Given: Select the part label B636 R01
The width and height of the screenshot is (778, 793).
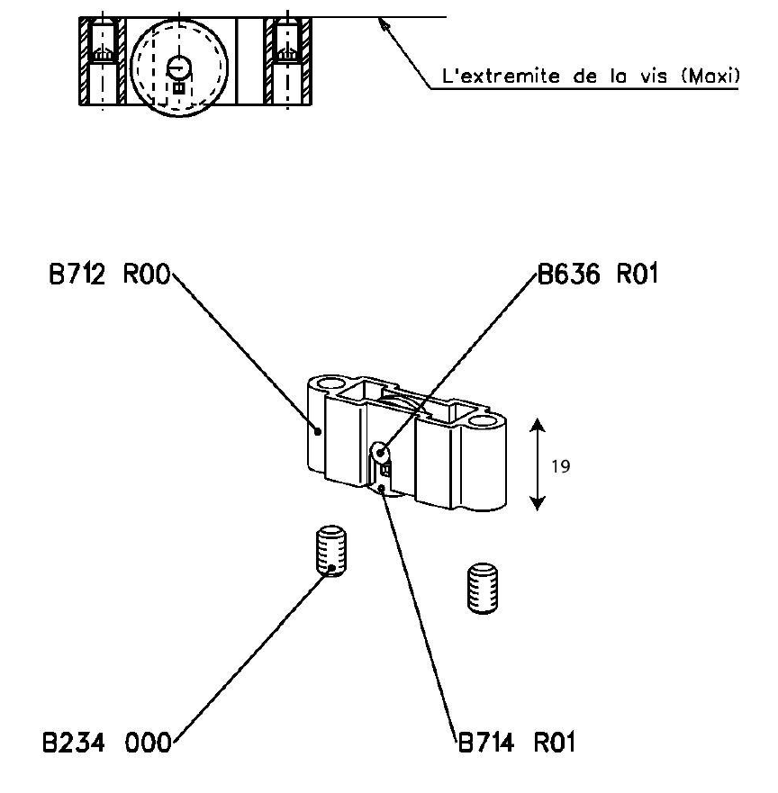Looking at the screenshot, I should (598, 275).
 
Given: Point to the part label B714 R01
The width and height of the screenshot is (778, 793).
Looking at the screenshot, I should (516, 743).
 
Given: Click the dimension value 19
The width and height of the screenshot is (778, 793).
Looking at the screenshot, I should (560, 466).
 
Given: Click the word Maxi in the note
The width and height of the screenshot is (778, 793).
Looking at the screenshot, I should (710, 77).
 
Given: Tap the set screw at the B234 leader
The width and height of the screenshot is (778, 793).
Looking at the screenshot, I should (333, 552).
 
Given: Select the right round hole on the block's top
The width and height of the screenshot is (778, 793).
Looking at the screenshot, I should (484, 421).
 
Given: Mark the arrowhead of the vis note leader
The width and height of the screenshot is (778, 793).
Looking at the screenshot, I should (384, 24).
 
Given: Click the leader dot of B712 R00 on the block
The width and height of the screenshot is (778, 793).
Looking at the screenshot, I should (317, 430).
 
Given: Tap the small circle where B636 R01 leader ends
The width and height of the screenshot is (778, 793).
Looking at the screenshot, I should (382, 451).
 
